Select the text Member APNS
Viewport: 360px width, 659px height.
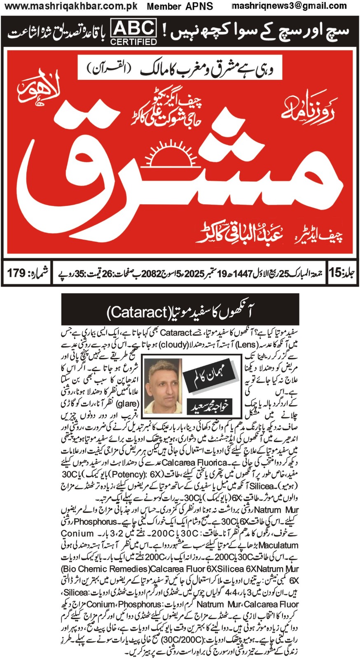tap(180, 6)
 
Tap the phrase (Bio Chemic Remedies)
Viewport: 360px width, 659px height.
tap(105, 569)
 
